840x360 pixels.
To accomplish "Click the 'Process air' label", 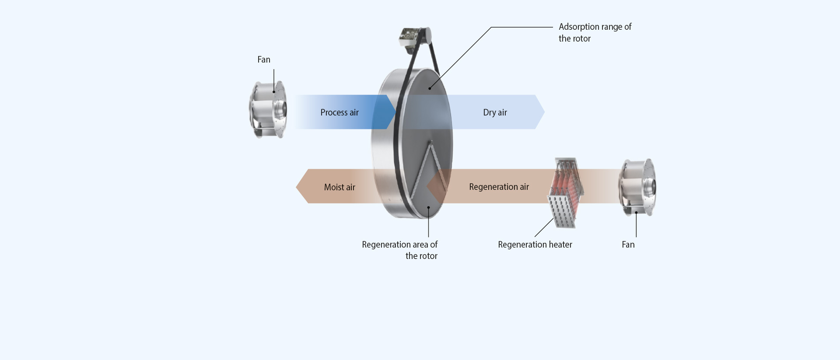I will (339, 112).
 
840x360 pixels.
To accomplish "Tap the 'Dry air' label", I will (495, 112).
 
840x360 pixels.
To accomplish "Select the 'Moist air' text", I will (339, 187).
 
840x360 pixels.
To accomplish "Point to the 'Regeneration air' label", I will (499, 187).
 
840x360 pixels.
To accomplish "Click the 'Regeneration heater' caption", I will (535, 245).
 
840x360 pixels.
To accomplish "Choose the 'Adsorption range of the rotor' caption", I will (595, 32).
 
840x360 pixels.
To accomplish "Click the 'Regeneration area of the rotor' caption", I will (399, 250).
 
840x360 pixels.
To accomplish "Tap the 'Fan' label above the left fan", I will (264, 59).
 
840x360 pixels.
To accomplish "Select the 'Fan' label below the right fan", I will (628, 245).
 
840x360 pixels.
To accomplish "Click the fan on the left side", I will (268, 109).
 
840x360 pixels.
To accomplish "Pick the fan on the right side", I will (638, 187).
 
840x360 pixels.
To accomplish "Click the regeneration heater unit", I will (565, 193).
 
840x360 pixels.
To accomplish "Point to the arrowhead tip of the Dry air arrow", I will (544, 112).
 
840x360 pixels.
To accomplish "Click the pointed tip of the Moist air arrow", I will (297, 187).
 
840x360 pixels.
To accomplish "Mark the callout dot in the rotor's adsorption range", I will (430, 88).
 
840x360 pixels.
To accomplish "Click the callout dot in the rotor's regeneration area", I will (429, 207).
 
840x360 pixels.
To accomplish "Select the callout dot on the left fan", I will (274, 92).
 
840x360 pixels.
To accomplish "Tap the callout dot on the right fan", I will (636, 213).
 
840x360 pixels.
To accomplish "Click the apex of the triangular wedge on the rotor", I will (431, 142).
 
